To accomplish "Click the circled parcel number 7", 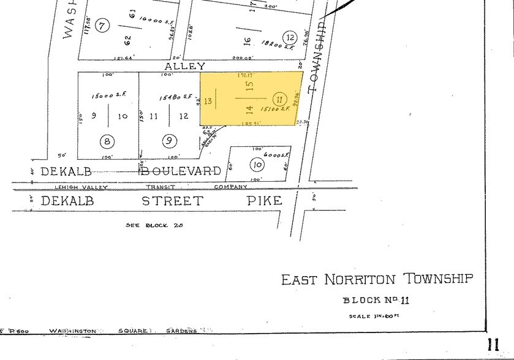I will tap(102, 25).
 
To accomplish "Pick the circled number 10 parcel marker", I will tap(257, 164).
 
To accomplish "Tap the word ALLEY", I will tap(184, 66).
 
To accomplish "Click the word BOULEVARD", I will tap(182, 171).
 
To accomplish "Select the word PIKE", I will tap(265, 201).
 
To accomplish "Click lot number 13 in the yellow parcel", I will tap(208, 100).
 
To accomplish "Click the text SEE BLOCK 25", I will tap(155, 225).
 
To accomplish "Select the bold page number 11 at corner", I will tap(494, 345).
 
